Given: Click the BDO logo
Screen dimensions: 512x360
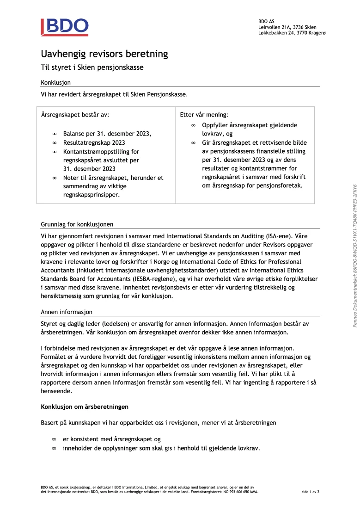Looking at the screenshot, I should pos(64,27).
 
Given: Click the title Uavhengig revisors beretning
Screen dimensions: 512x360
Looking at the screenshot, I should pos(104,54).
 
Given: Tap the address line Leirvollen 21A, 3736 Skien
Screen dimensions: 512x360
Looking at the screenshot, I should pos(287,27).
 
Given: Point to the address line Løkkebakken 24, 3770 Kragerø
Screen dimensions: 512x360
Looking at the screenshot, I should pos(292,33).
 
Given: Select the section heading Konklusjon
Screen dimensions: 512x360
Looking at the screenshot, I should pos(55,82).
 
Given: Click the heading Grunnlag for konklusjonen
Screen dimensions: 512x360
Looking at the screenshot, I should pos(77,224).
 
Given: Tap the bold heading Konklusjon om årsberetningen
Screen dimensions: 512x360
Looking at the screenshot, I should pos(85,407).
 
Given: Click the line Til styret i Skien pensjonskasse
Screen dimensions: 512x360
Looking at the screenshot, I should pos(92,68).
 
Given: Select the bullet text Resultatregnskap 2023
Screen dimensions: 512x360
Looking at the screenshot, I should pos(94,142).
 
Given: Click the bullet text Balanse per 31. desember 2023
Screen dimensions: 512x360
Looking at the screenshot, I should pos(107,134).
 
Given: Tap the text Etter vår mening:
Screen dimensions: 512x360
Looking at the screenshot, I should pos(204,114).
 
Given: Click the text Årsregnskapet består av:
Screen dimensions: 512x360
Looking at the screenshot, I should pos(75,114).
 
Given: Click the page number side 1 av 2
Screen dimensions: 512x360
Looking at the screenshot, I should pos(311,492).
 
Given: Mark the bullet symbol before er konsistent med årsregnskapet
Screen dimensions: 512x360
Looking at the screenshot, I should pos(54,439).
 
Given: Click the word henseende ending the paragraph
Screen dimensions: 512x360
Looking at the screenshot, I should pos(56,391).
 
